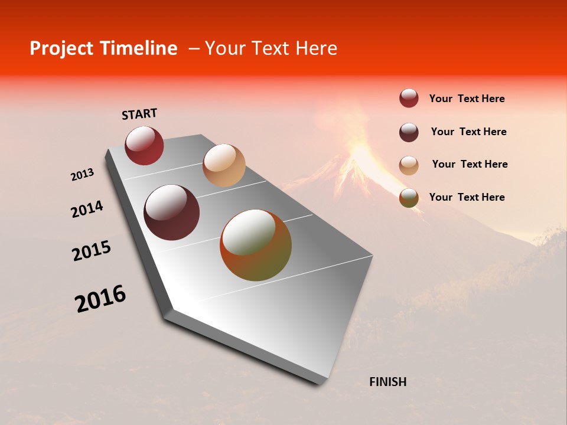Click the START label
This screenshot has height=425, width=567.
click(139, 114)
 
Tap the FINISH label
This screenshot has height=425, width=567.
click(387, 382)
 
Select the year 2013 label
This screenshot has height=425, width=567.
click(82, 175)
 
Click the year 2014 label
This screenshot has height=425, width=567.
click(87, 210)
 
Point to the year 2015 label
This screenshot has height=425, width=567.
click(92, 251)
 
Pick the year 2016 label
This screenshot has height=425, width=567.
click(100, 299)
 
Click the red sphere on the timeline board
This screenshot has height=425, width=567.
click(144, 145)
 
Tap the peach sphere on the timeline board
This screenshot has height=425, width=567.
click(224, 165)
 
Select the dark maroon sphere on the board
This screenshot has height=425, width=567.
click(171, 212)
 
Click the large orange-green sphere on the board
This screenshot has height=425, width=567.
click(256, 245)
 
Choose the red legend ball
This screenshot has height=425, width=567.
click(409, 98)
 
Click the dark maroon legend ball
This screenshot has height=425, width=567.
click(409, 132)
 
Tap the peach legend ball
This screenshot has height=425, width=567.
click(409, 165)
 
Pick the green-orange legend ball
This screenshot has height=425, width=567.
click(409, 198)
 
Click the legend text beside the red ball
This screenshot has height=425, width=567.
click(467, 99)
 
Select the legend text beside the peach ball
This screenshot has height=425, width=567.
click(470, 164)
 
